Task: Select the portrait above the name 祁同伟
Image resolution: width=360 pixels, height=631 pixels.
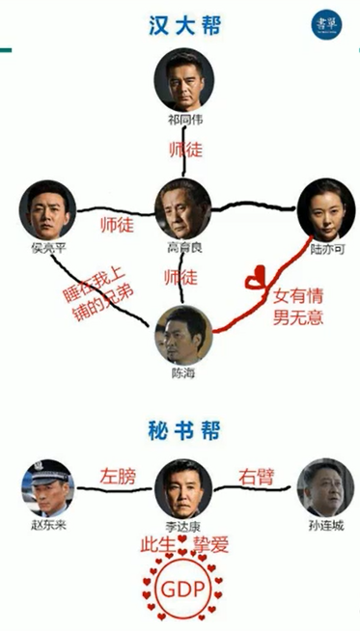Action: [x=181, y=82]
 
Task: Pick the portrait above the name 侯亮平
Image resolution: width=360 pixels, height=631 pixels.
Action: [x=45, y=208]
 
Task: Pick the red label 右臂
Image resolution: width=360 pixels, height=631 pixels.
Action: [x=255, y=476]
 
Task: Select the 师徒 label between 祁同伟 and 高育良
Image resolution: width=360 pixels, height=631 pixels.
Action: [x=181, y=151]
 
